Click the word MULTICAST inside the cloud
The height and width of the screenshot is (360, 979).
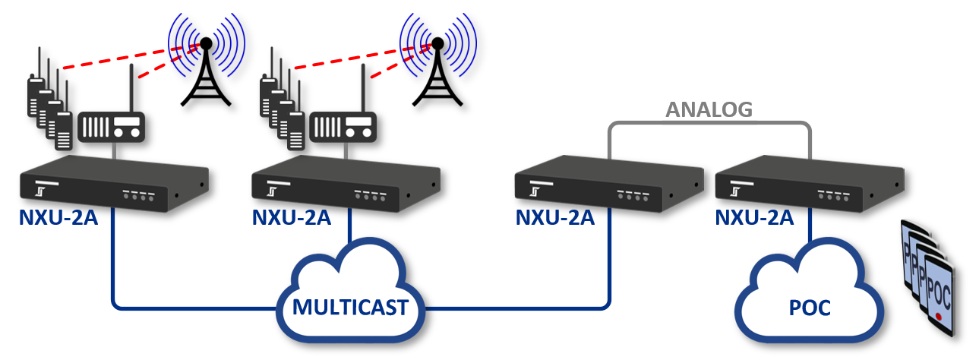351,308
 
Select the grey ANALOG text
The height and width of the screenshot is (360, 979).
709,110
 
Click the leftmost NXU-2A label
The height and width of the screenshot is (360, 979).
58,218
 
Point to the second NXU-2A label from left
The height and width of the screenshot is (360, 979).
292,218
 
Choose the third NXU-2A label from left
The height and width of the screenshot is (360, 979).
554,218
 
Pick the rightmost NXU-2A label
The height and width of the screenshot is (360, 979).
755,218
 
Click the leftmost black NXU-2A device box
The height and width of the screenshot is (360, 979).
114,182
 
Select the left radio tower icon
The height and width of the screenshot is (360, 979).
205,72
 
